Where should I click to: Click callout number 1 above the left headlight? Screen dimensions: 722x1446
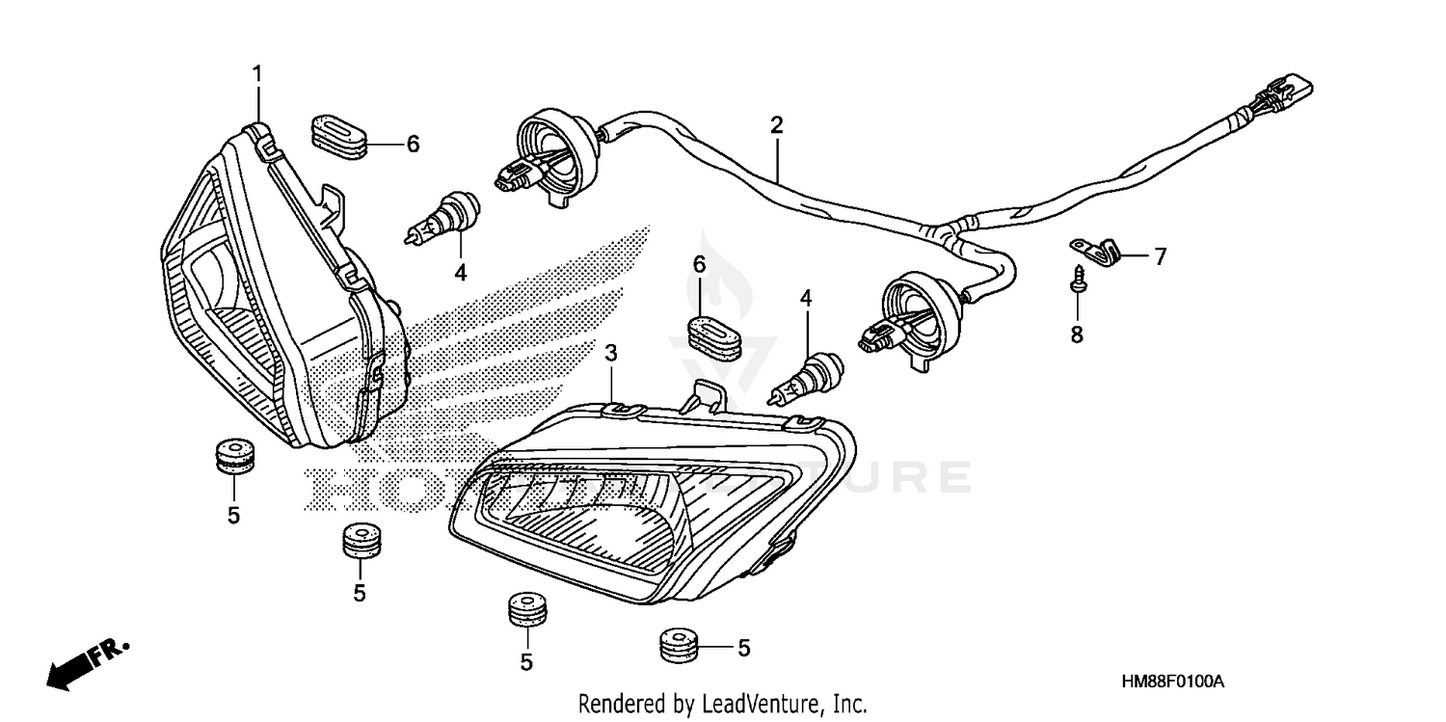(x=257, y=73)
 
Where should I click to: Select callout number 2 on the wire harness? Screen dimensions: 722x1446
(x=776, y=124)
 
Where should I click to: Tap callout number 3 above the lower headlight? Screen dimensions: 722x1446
(x=611, y=353)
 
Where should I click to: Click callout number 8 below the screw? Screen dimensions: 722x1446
(x=1077, y=334)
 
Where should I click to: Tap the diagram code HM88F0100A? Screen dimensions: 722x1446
(x=1172, y=682)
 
